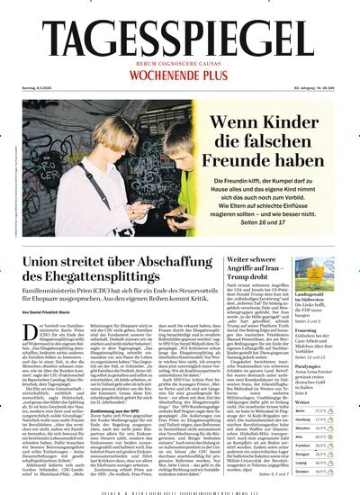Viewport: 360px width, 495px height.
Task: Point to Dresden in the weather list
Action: (316, 469)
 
